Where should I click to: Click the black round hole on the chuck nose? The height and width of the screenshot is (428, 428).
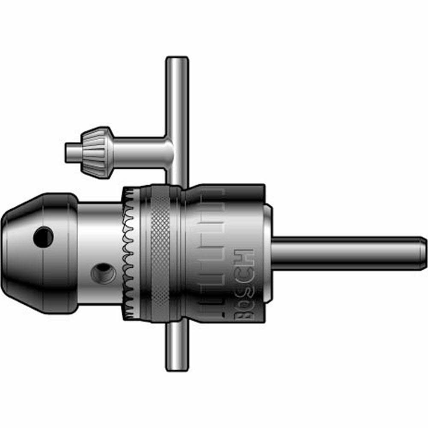click(x=43, y=236)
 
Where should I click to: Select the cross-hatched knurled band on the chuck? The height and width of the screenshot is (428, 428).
click(x=160, y=253)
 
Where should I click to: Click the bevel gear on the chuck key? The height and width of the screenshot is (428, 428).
click(x=96, y=150)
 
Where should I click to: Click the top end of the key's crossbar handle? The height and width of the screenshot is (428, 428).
click(x=177, y=62)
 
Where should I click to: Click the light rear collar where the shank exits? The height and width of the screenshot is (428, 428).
click(x=267, y=253)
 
